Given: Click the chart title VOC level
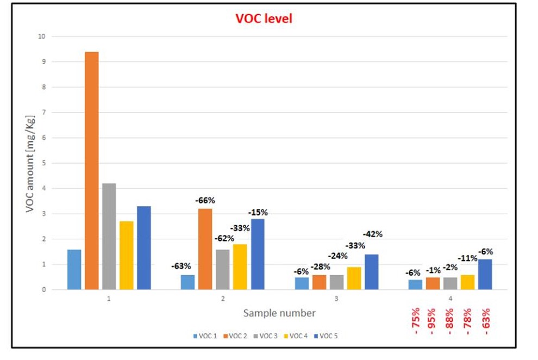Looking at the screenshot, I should pos(264,18).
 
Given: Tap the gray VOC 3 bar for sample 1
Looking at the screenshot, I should pos(109,236).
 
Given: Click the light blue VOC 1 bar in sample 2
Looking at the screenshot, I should pos(187,282).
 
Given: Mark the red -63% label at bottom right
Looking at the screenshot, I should pos(485,321).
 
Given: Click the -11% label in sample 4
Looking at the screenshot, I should pos(467,258).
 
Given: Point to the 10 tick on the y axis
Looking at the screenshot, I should pos(41,36).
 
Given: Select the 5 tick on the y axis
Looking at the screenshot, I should pos(43,163).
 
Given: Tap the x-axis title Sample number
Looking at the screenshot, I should pos(279,313).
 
